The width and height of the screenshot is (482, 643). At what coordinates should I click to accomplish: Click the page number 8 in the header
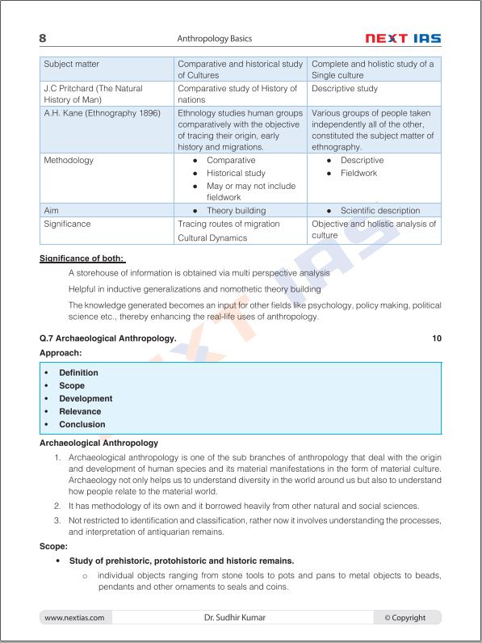click(43, 39)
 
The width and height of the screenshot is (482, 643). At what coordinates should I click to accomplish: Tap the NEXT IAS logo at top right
click(403, 39)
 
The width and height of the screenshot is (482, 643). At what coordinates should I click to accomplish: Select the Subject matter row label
click(72, 64)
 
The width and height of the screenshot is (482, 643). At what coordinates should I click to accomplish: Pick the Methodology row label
click(69, 160)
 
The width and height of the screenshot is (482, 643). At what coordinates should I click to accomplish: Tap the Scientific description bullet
click(379, 211)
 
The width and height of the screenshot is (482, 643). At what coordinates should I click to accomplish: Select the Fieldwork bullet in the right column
click(358, 173)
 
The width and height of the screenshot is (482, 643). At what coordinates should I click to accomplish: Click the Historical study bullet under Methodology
click(236, 173)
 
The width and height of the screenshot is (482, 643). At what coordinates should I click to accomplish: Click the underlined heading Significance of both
click(82, 258)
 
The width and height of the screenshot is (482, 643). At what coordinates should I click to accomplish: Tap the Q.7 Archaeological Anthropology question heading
click(107, 338)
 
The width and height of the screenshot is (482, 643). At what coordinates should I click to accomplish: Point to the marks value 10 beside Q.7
click(436, 338)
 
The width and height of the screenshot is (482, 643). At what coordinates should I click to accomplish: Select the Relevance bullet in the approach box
click(80, 411)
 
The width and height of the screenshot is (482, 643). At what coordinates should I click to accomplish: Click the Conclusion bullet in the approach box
click(82, 424)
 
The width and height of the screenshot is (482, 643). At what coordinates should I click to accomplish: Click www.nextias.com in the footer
click(74, 618)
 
